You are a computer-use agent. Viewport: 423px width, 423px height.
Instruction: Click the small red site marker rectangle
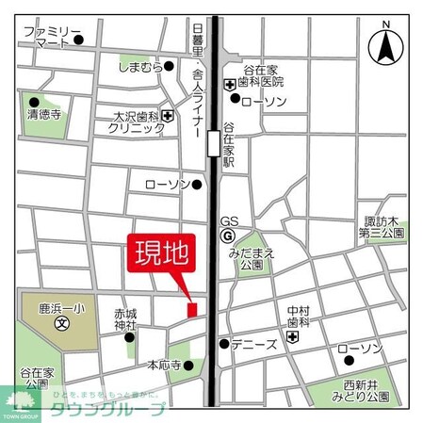pos(192,309)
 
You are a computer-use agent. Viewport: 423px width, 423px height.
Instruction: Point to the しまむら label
pos(135,66)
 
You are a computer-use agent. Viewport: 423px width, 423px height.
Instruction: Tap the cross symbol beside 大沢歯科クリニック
pos(168,116)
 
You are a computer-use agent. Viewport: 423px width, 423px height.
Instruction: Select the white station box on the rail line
pos(215,142)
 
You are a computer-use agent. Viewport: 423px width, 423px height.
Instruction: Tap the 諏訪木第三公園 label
pos(383,227)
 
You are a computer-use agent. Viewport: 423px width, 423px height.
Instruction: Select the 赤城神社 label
pos(125,318)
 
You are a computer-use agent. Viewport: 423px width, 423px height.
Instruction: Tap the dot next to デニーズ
pos(224,344)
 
